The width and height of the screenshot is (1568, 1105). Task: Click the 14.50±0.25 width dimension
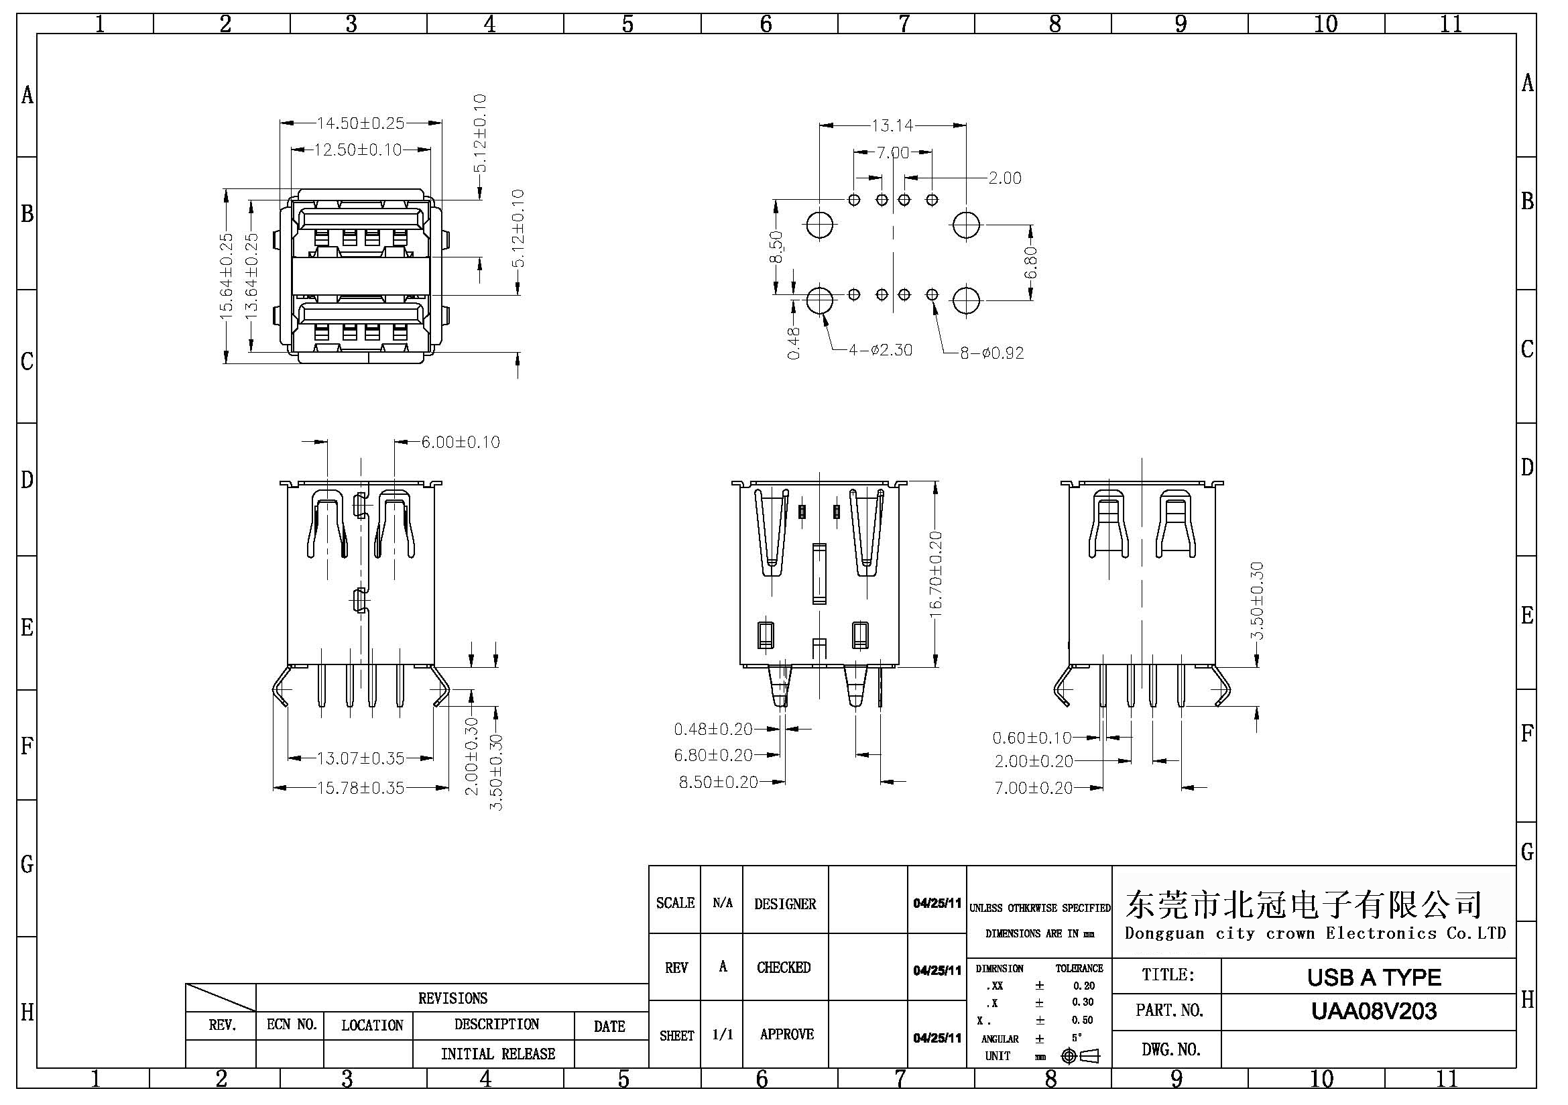coord(360,123)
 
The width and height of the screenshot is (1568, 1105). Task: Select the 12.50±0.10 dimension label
coord(358,150)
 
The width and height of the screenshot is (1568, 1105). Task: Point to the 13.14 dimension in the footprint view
coord(892,125)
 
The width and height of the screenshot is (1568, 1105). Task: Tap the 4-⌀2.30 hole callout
coord(880,351)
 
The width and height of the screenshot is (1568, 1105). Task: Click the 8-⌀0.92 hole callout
coord(991,353)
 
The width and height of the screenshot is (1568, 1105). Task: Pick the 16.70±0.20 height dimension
coord(936,575)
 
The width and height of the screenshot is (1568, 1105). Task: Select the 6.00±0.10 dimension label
coord(461,443)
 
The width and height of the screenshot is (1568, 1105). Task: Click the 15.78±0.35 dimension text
coord(361,788)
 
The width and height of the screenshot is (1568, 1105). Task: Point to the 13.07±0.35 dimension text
coord(361,758)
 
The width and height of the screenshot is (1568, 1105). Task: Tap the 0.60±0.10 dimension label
coord(1032,738)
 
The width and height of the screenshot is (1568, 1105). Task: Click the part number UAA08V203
coord(1374,1010)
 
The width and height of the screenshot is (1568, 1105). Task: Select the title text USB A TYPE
coord(1374,978)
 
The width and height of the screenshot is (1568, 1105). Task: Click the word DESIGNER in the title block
coord(785,905)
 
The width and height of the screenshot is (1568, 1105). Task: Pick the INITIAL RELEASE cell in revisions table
coord(498,1054)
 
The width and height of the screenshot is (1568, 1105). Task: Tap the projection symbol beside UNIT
coord(1081,1056)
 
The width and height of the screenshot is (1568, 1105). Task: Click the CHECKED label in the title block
coord(783,968)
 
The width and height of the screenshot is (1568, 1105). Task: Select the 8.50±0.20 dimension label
coord(718,782)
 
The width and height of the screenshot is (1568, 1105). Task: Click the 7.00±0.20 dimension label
coord(1033,788)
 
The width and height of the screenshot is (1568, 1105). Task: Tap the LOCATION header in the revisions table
coord(372,1025)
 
